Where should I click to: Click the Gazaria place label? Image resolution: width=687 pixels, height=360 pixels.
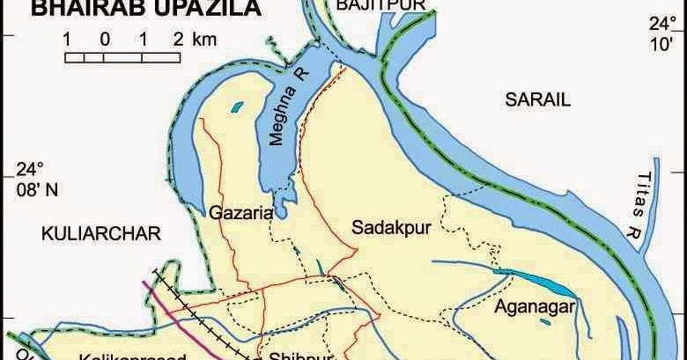point(240,212)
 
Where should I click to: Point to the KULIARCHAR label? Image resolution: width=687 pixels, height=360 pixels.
point(101,233)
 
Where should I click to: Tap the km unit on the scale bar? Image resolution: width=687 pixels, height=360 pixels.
point(203,39)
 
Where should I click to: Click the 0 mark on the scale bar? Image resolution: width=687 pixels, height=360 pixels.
point(104,39)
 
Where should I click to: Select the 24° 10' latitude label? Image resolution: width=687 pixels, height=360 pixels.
point(658,33)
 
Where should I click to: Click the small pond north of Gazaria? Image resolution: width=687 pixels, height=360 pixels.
point(235,108)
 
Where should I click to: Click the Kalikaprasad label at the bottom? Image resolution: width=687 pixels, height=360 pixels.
point(132,356)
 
